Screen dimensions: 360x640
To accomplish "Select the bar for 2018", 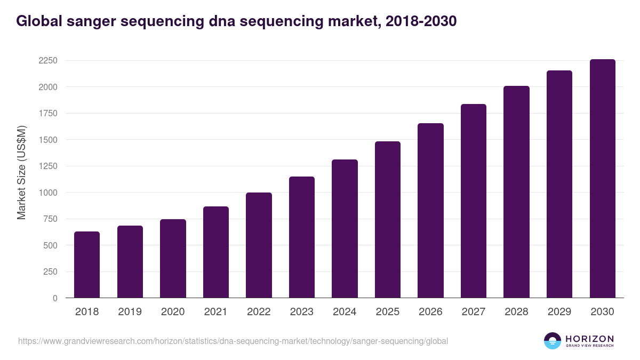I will pos(87,265).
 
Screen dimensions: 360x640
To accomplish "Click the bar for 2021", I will pos(216,252).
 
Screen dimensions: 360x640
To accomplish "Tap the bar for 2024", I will pos(345,229).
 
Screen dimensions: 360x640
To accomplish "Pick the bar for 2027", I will pos(474,201).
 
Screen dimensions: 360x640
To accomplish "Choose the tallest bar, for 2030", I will pos(602,179).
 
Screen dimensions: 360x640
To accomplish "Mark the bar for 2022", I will pos(259,245).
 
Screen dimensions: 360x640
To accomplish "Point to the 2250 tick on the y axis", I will pos(48,61).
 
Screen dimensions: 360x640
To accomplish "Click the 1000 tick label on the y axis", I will pos(48,193).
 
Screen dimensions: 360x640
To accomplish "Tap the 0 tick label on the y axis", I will pos(55,298).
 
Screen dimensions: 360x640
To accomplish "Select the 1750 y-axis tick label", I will pos(48,114).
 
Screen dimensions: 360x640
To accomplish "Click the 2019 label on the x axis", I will pos(130,312).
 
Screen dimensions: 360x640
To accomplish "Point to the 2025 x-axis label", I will pos(387,312).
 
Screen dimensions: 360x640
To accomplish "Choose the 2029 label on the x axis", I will pos(559,312).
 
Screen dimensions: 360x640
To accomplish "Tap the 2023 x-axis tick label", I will pos(301,312).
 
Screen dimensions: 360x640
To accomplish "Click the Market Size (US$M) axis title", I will pos(22,172).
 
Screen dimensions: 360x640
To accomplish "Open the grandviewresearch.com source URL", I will pos(233,341).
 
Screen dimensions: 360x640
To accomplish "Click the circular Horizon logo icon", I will pos(553,341).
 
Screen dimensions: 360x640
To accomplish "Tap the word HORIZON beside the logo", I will pos(589,338).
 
